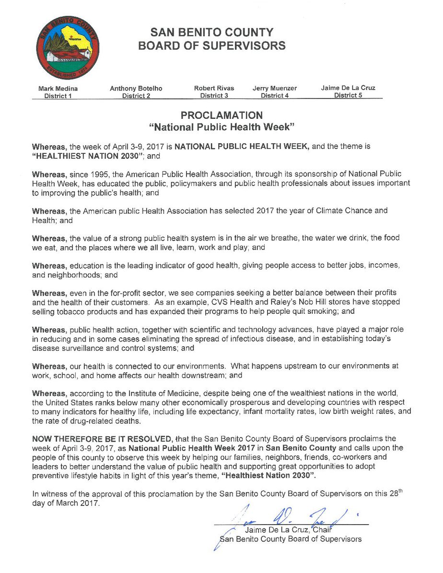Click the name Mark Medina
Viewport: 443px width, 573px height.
tap(58, 88)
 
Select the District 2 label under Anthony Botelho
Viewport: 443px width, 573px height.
tap(137, 96)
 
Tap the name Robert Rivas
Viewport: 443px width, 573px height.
tap(214, 88)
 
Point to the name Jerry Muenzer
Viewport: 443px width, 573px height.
tap(275, 88)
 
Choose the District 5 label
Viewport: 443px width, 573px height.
tap(349, 95)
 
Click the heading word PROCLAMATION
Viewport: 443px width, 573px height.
tap(221, 115)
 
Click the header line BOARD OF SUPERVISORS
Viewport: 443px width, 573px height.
tap(211, 46)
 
